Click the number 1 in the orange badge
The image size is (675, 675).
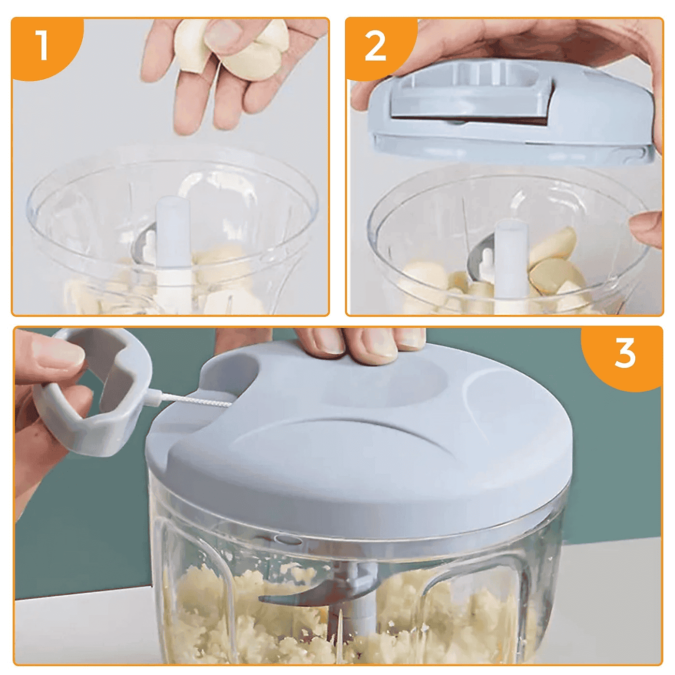tap(43, 45)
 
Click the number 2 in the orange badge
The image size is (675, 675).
tap(375, 46)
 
